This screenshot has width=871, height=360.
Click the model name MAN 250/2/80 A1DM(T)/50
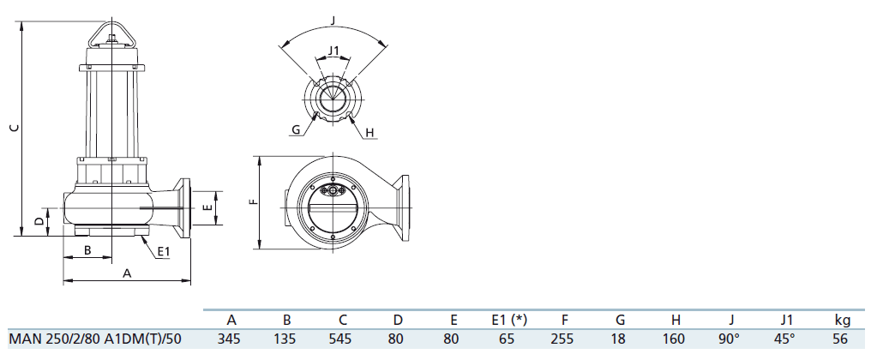(95, 339)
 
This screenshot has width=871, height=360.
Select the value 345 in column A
(230, 339)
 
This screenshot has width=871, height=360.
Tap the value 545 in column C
(340, 339)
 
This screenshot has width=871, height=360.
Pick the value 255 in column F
(562, 339)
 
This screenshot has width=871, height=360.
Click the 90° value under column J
(729, 339)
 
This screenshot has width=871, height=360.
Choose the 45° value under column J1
(784, 339)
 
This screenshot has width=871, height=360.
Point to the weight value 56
(841, 339)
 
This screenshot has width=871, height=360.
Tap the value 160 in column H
(674, 339)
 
